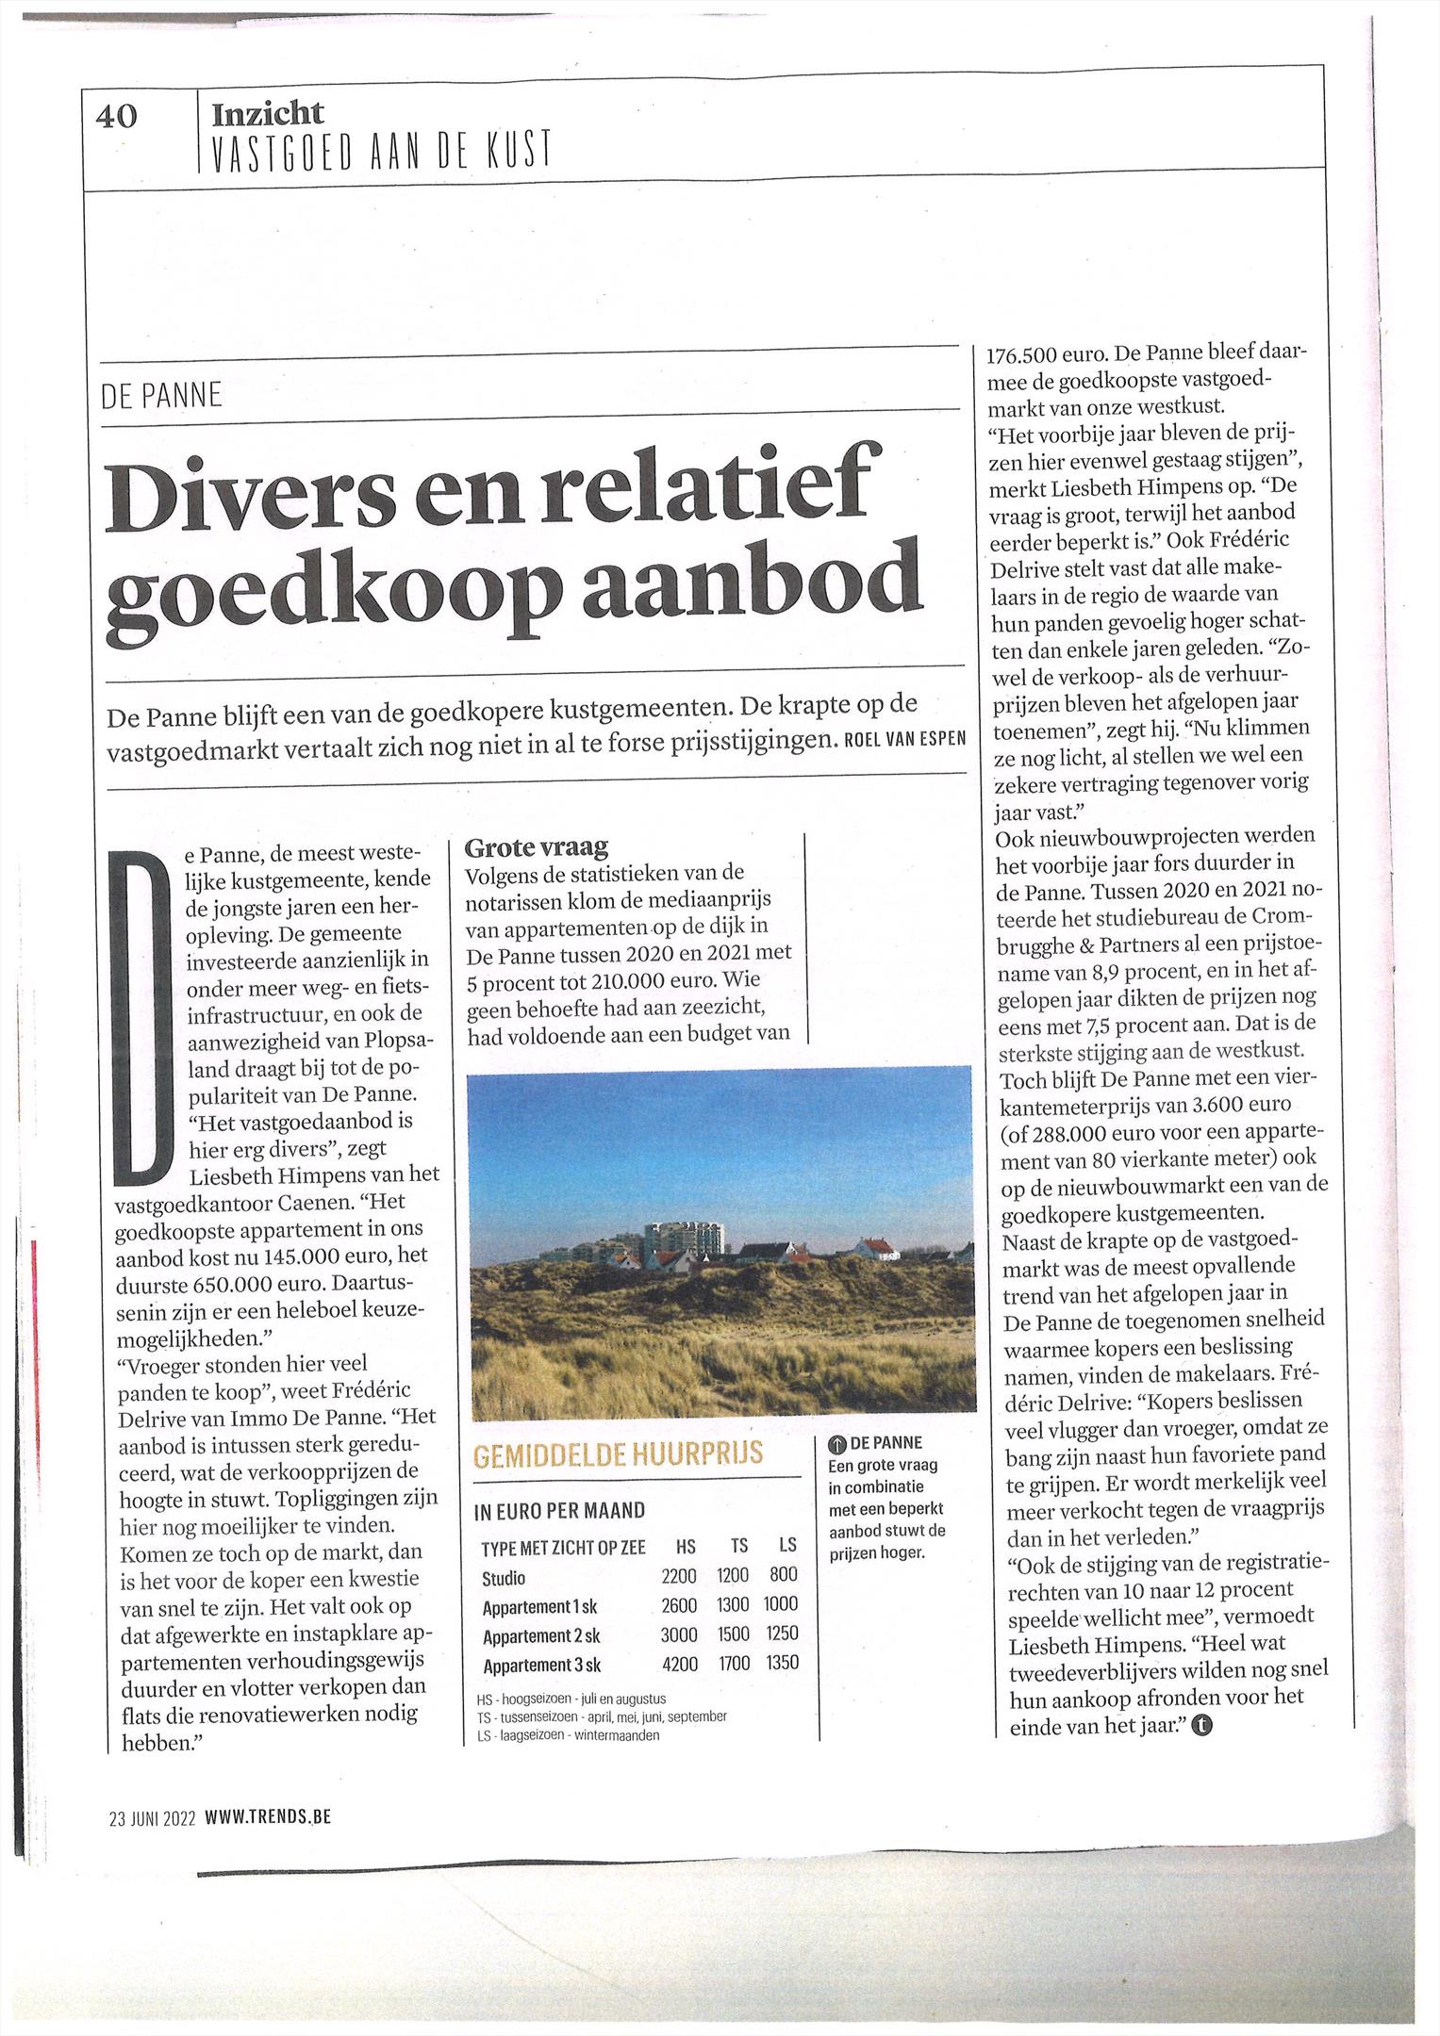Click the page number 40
point(117,117)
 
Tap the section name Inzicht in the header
point(268,113)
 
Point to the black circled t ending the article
point(1202,1727)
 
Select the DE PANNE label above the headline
point(161,395)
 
